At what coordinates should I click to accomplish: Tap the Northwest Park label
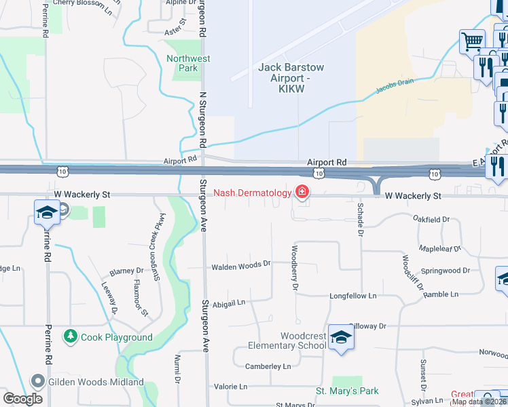(188, 63)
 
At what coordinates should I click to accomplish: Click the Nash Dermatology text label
(252, 193)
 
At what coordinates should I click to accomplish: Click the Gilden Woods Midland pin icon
(38, 382)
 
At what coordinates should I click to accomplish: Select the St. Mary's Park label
(347, 391)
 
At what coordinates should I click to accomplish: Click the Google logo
(23, 398)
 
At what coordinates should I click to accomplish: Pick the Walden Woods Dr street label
(241, 265)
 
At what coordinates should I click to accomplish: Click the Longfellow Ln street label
(352, 296)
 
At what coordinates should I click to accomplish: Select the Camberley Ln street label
(268, 366)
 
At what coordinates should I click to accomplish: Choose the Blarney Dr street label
(121, 271)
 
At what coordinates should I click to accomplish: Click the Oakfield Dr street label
(431, 219)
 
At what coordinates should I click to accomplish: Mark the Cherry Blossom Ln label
(82, 3)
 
